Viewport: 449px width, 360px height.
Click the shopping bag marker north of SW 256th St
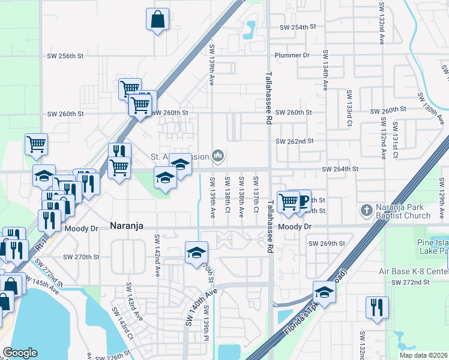coord(157,19)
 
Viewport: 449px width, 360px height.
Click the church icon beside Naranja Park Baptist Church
coord(366,211)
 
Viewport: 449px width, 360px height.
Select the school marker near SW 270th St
coord(196,253)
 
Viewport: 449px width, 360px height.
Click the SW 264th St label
coord(340,169)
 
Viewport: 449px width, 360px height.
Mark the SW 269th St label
coord(327,244)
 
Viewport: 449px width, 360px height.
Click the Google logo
coord(20,352)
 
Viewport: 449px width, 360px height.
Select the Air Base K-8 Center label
coord(413,271)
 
